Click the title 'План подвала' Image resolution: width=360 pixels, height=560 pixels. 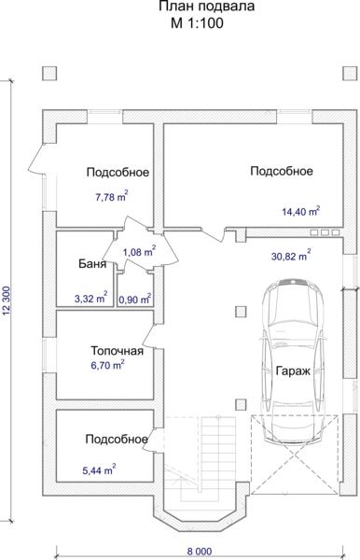pyautogui.click(x=207, y=7)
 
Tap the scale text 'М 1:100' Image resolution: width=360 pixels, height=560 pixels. pyautogui.click(x=197, y=23)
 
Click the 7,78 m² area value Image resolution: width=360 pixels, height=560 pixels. pyautogui.click(x=112, y=196)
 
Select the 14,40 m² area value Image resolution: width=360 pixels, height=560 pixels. pyautogui.click(x=300, y=211)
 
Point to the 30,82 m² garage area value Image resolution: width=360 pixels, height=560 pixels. pyautogui.click(x=291, y=256)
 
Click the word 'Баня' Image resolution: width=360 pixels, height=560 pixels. pyautogui.click(x=92, y=264)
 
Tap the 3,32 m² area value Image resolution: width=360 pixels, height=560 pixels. pyautogui.click(x=91, y=298)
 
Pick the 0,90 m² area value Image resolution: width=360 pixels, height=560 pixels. pyautogui.click(x=134, y=300)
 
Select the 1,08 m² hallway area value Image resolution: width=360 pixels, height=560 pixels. pyautogui.click(x=139, y=252)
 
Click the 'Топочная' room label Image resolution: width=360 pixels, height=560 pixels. pyautogui.click(x=117, y=351)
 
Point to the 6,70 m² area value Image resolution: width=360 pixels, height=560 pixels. pyautogui.click(x=108, y=365)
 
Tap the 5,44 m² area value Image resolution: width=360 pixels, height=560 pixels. pyautogui.click(x=99, y=470)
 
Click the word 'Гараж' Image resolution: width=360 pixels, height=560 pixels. pyautogui.click(x=293, y=371)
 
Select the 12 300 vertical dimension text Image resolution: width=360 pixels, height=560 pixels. pyautogui.click(x=7, y=301)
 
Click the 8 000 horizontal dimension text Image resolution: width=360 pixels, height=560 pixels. pyautogui.click(x=200, y=552)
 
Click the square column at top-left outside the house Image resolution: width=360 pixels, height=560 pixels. pyautogui.click(x=49, y=74)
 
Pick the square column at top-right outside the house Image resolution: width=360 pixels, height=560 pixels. pyautogui.click(x=350, y=74)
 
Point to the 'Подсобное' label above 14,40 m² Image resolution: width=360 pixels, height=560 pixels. pyautogui.click(x=282, y=171)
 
